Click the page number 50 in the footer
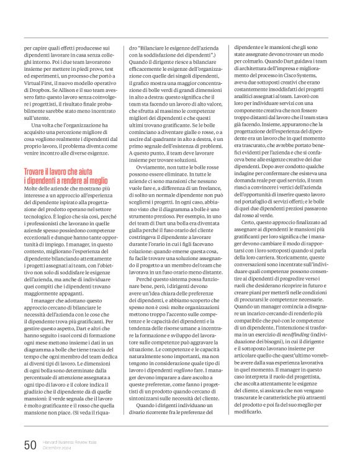[x=30, y=444]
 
